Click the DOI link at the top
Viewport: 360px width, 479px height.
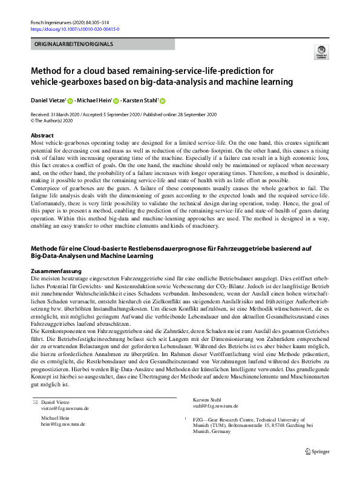click(x=74, y=28)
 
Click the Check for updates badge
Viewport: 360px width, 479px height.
click(x=321, y=54)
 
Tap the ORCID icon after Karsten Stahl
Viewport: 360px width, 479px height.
click(x=162, y=101)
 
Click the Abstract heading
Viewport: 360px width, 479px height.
click(x=42, y=136)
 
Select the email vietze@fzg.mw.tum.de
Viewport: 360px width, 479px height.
click(x=61, y=392)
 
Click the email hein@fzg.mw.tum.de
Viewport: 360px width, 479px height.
click(x=59, y=408)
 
